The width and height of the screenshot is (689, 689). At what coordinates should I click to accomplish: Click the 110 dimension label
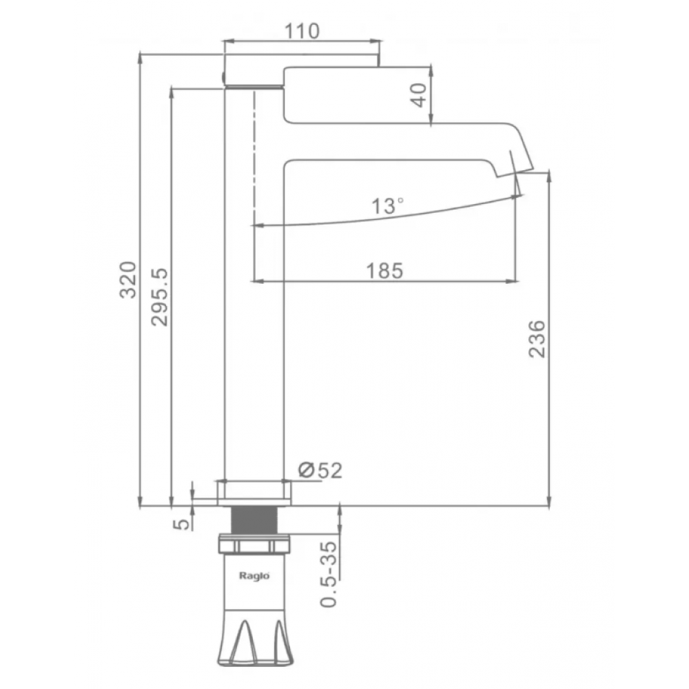[x=302, y=31]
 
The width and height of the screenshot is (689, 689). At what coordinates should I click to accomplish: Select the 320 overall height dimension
[x=129, y=280]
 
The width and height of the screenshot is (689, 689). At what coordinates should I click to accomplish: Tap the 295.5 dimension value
[x=160, y=297]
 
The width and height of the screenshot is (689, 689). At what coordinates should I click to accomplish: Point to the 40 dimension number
[x=419, y=95]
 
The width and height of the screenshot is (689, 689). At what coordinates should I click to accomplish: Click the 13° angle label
[x=387, y=205]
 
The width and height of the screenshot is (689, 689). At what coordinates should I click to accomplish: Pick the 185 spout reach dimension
[x=384, y=271]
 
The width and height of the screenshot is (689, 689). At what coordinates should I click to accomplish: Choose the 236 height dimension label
[x=537, y=339]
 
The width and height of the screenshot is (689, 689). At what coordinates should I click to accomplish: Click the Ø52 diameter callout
[x=320, y=470]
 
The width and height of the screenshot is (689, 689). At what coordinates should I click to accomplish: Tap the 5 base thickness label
[x=181, y=524]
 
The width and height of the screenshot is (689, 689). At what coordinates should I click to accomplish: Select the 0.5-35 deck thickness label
[x=328, y=575]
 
